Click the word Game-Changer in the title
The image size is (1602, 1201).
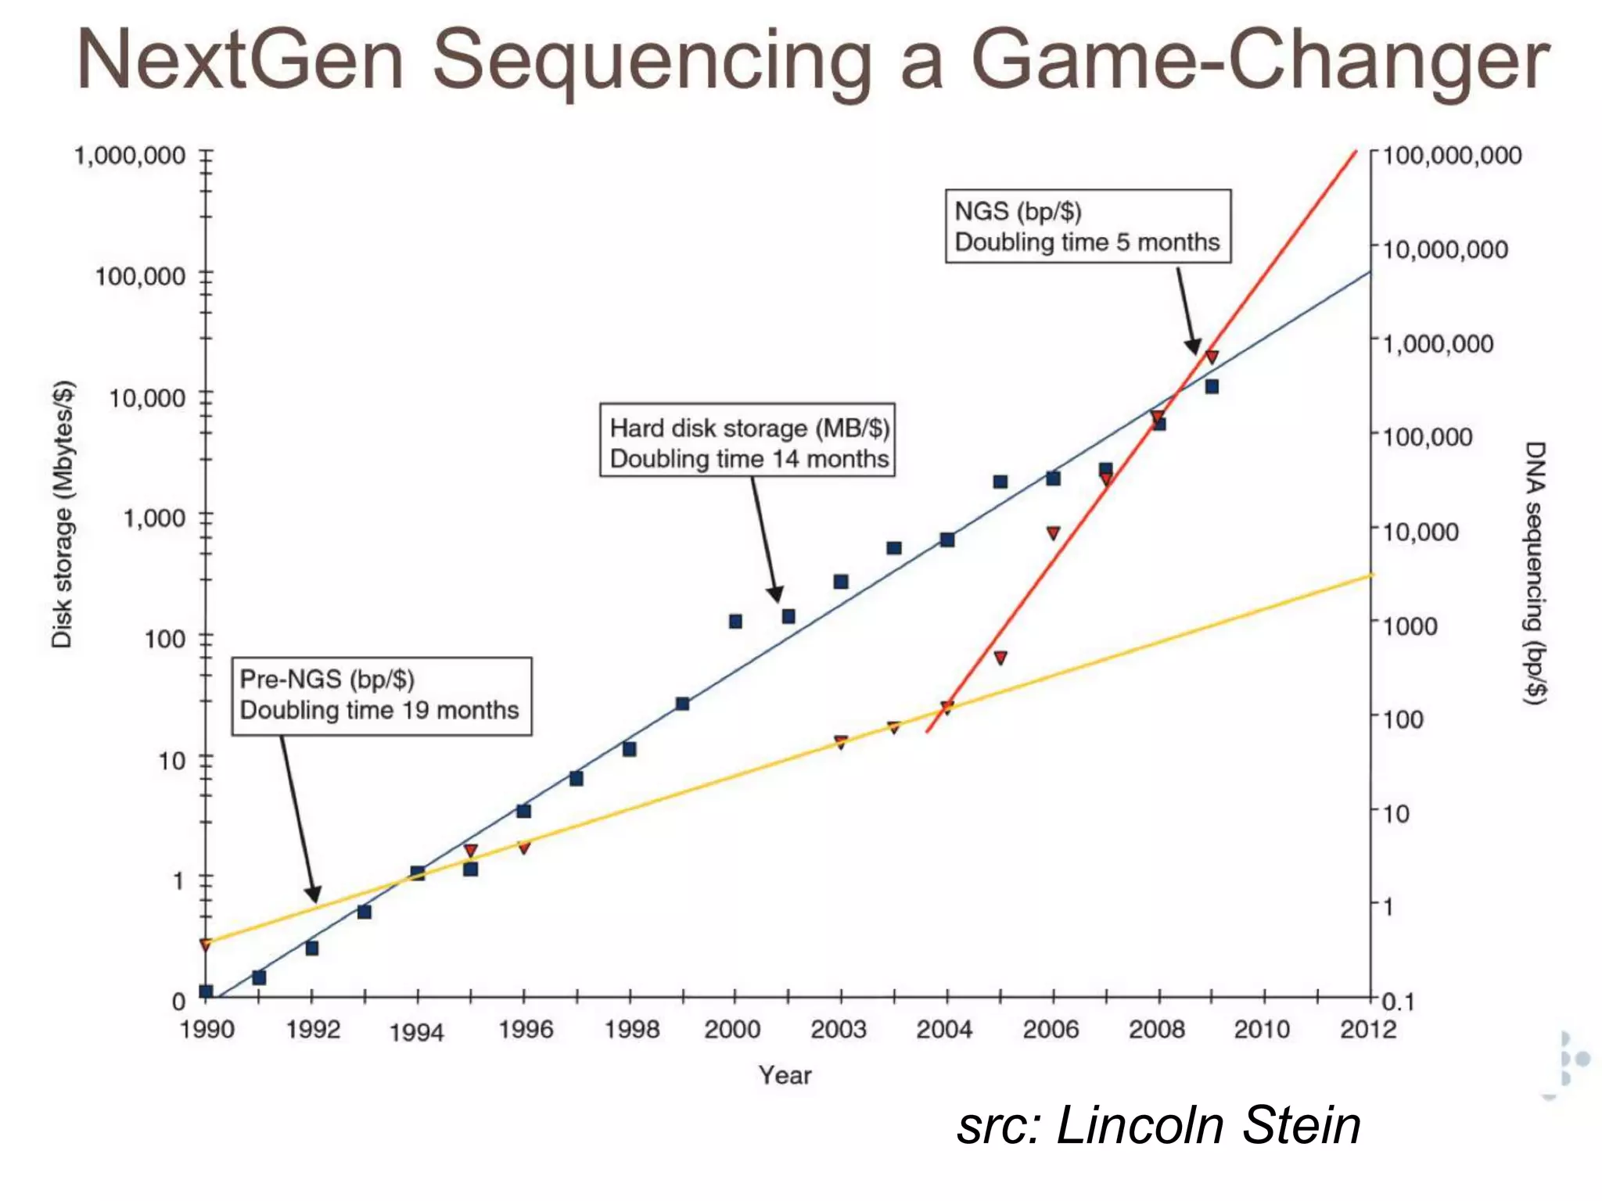[1259, 61]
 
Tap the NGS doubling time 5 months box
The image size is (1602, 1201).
[1087, 226]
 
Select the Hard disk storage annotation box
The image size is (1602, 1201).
[747, 440]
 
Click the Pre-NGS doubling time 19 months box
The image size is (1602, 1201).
[381, 695]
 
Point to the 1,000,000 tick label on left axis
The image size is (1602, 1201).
[130, 156]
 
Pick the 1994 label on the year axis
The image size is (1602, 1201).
[416, 1033]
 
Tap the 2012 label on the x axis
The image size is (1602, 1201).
[1367, 1030]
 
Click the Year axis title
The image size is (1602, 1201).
[785, 1075]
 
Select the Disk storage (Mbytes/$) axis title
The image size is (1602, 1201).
[63, 514]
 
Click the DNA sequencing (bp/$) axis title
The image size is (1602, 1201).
[1535, 572]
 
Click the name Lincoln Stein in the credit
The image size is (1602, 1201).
[1209, 1126]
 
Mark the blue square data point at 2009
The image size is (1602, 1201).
[1212, 386]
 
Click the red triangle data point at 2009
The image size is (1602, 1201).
[1212, 357]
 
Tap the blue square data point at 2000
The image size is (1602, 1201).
[735, 621]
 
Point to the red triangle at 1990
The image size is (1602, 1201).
[206, 945]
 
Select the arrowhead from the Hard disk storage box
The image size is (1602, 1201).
[775, 593]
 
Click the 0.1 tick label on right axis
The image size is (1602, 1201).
[1398, 1002]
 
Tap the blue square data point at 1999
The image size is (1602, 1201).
[682, 704]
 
